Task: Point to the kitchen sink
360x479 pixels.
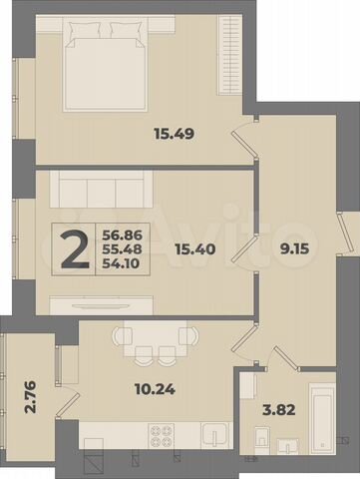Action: click(214, 435)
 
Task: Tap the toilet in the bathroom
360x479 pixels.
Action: click(261, 435)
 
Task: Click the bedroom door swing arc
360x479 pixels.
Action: click(243, 140)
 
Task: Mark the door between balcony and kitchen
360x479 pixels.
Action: click(65, 394)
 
